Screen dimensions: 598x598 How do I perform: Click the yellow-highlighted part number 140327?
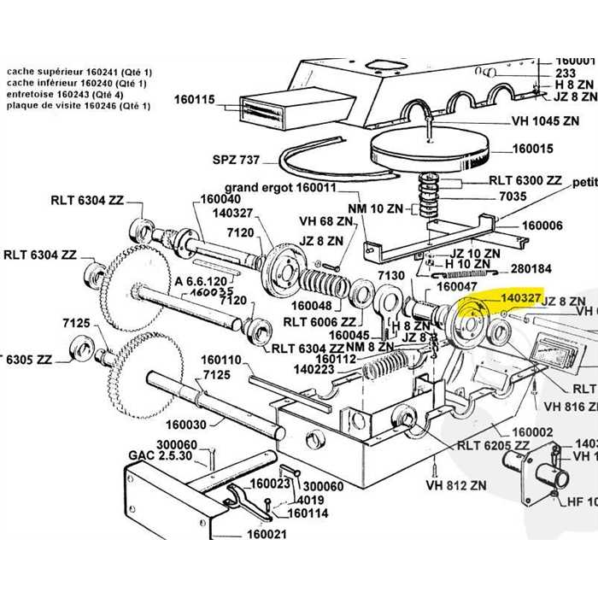pos(520,296)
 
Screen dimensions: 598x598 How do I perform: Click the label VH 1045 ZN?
pos(545,121)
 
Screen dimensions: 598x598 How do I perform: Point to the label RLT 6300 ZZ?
pos(525,181)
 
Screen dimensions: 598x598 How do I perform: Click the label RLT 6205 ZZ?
pos(493,445)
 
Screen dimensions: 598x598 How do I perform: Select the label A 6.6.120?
pos(202,280)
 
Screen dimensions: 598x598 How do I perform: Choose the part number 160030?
pos(187,424)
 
